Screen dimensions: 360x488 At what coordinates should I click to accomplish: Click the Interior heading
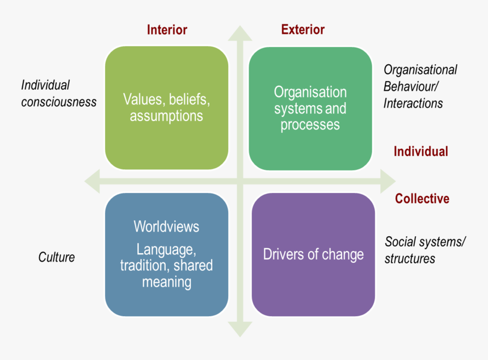coord(167,30)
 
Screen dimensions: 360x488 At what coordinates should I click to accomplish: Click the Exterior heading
coord(303,30)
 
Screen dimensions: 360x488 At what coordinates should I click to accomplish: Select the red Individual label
coord(420,152)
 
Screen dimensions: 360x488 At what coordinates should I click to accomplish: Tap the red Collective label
coord(422,199)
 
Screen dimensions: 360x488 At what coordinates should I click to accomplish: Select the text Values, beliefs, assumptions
coord(166,108)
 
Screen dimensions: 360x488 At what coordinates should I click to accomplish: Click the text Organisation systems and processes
coord(310,108)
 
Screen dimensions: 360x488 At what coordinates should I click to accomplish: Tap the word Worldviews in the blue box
coord(166,227)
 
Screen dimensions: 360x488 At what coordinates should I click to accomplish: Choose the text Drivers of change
coord(313,254)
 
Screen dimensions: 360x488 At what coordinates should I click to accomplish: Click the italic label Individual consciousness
coord(58,94)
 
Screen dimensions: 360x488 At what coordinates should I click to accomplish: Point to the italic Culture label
coord(57,257)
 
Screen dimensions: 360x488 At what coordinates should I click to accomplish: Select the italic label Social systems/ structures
coord(425,250)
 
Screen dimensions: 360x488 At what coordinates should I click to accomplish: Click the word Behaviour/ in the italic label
coord(411,86)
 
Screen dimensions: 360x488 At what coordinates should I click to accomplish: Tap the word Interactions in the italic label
coord(413,103)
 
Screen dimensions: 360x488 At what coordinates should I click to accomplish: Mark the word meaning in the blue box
coord(166,282)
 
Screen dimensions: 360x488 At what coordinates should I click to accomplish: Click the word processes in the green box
coord(310,124)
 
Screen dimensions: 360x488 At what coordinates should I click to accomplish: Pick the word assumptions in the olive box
coord(166,116)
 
